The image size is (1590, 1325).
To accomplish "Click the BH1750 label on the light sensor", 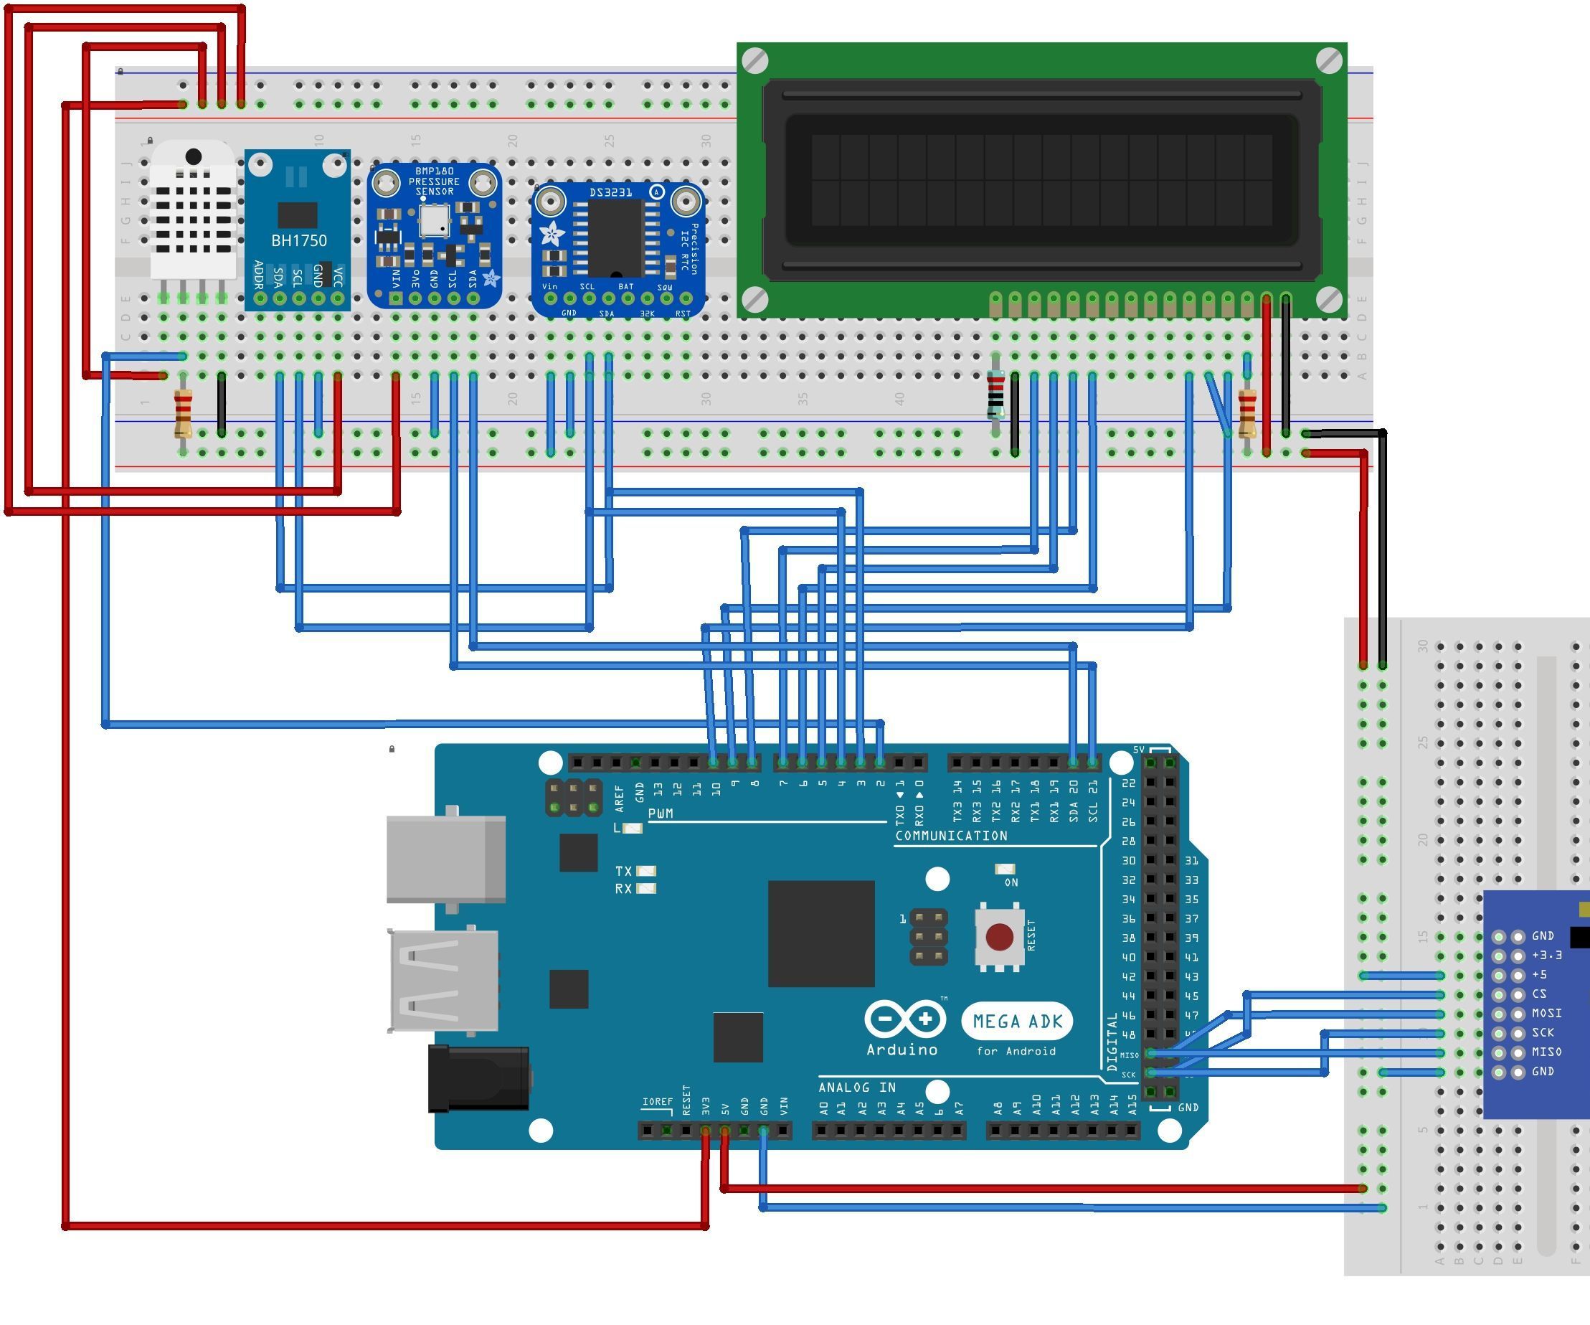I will (x=299, y=241).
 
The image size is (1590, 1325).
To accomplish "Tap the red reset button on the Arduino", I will (x=1000, y=937).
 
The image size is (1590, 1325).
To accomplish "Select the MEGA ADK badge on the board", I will (x=1018, y=1022).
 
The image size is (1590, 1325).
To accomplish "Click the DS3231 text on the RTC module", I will (x=610, y=193).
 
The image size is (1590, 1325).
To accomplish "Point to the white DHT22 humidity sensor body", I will (x=192, y=212).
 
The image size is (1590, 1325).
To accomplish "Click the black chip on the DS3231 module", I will (x=615, y=237).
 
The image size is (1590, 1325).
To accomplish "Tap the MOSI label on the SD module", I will (x=1546, y=1013).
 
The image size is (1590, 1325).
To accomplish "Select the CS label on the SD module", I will (x=1539, y=994).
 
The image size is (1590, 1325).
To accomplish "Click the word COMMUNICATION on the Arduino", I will (x=951, y=836).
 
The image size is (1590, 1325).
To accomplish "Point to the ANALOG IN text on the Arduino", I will (x=857, y=1088).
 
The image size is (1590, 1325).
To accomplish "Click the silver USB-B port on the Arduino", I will (x=446, y=859).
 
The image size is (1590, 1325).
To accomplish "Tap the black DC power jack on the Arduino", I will (x=477, y=1078).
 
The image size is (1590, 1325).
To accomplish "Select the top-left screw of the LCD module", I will (x=755, y=60).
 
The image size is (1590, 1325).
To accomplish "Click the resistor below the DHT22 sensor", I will (x=182, y=413).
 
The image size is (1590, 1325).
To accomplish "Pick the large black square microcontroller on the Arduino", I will (x=820, y=933).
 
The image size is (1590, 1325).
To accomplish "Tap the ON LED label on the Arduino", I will (x=1011, y=883).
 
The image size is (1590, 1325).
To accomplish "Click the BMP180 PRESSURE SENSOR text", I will (x=434, y=181).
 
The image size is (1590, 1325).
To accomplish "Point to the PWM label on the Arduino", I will (x=661, y=814).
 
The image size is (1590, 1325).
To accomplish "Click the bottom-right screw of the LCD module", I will (x=1329, y=300).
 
